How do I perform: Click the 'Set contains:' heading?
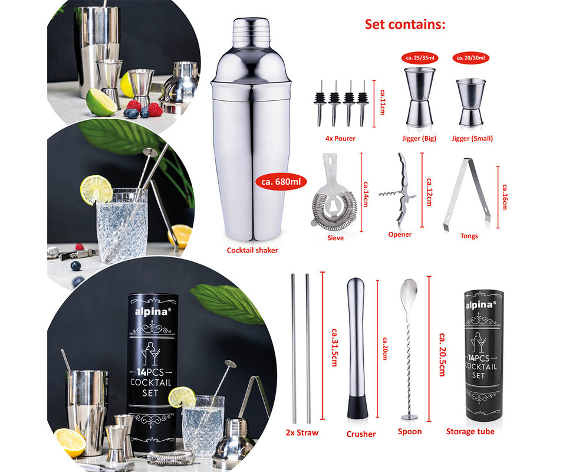click(405, 25)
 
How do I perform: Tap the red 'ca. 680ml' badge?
click(281, 182)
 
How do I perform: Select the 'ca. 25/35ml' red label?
click(420, 58)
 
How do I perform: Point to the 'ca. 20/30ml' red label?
click(470, 58)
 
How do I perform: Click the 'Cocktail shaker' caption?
click(252, 250)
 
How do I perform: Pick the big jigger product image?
click(419, 97)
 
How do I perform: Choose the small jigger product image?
click(471, 103)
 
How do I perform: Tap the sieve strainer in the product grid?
click(334, 193)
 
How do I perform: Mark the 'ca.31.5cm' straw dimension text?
click(335, 347)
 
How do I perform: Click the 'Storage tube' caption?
click(470, 431)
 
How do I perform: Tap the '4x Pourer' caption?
click(340, 138)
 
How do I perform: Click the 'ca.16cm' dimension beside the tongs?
click(505, 197)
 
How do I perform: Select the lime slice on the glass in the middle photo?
click(96, 189)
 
